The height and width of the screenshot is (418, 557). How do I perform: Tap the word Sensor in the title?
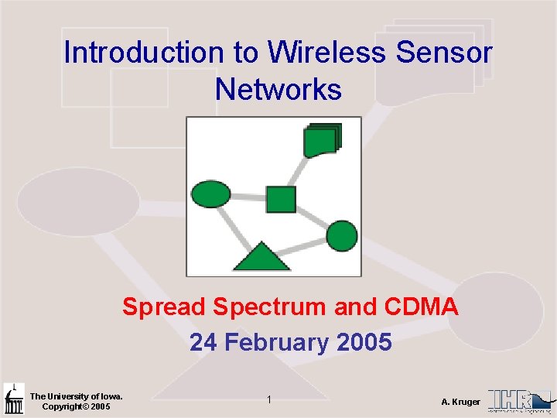coord(444,53)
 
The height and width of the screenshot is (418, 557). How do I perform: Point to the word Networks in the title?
coord(278,90)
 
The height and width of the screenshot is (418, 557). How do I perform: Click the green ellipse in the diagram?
coord(210,194)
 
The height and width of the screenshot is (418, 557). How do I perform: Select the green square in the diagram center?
coord(281,199)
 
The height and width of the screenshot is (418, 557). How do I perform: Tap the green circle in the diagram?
coord(342,235)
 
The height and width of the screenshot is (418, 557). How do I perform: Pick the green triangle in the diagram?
coord(261,257)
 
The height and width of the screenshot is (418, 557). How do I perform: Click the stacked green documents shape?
coord(322,140)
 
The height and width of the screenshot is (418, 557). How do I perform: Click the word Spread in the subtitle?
coord(164,307)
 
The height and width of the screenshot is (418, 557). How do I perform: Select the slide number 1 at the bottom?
coord(268,400)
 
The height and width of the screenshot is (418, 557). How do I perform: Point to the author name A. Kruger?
coord(460,402)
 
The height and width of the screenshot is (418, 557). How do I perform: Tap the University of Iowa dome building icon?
coord(13,399)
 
